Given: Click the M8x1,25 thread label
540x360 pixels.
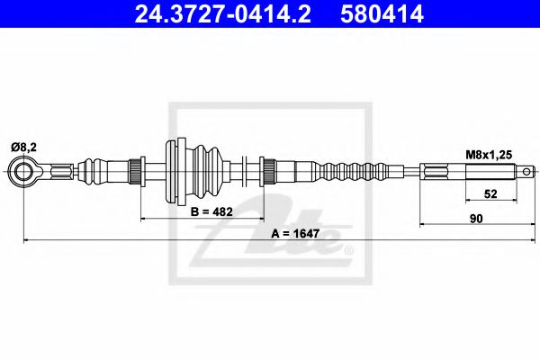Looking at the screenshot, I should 490,154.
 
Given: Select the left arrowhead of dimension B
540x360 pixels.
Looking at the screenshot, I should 143,217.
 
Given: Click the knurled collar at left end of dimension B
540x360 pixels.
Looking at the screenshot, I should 138,169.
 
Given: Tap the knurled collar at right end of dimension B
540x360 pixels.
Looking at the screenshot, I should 267,169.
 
